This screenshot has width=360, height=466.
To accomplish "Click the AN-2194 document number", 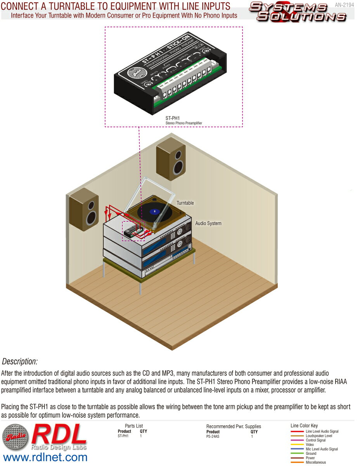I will pos(344,5).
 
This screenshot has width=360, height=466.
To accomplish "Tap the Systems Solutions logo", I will pos(297,12).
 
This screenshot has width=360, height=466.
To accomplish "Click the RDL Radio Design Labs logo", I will pos(45,437).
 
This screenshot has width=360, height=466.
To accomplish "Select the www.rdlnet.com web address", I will pos(45,457).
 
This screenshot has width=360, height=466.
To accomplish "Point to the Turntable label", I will pos(185,203).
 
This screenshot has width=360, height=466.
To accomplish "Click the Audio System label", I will pos(208,223).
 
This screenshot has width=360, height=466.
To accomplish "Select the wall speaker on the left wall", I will pos(84,210).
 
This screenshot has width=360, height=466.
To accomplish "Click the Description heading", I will pos(20,362).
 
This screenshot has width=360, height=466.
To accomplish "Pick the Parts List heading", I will pos(134,426).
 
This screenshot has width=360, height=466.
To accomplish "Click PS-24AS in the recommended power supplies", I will pos(213,436).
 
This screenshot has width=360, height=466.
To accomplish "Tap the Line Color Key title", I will pos(304,426).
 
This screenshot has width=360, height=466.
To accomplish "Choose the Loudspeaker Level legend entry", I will pos(319,436).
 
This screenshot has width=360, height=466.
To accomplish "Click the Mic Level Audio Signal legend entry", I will pos(322,449).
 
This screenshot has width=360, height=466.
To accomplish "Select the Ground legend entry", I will pos(311,454).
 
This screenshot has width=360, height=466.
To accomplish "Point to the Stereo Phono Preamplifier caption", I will pos(183,123).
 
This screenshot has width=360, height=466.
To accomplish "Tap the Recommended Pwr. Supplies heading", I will pos(234,426).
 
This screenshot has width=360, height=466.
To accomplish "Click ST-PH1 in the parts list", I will pos(123,436).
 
